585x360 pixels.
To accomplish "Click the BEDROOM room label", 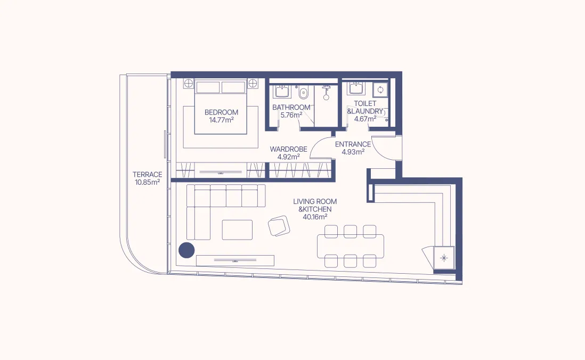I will point(221,112).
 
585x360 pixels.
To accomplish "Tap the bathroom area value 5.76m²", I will point(291,114).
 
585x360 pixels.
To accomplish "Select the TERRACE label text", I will point(148,174).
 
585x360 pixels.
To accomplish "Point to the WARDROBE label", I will point(288,149).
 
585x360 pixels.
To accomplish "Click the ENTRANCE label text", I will point(353,144).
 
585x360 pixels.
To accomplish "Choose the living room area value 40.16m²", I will point(314,217).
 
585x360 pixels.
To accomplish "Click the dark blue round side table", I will point(186,250).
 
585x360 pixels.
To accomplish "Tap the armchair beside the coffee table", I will point(279,226).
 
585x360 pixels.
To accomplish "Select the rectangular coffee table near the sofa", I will point(237,230).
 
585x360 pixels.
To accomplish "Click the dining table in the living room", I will point(350,246).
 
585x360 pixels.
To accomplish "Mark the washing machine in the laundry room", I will point(381,89).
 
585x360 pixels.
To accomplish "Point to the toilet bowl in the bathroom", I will point(304,93).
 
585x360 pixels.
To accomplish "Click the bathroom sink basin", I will point(282,92).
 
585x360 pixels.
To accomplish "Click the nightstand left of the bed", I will point(188,83).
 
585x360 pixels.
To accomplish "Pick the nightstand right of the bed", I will point(254,83).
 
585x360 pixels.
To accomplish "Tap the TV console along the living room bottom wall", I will point(235,260).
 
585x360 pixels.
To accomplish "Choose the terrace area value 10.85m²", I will point(148,182).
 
